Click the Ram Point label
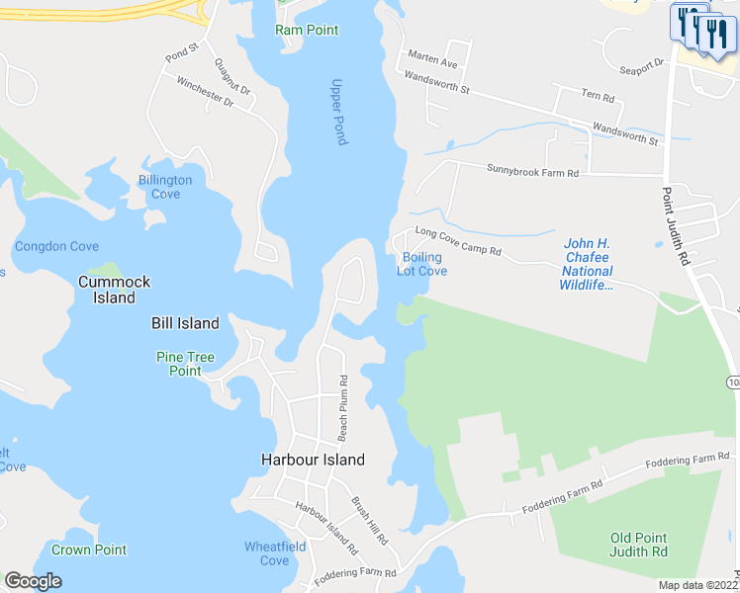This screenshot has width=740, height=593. click(307, 31)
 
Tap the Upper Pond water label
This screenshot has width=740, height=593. click(338, 112)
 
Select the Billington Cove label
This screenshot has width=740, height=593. click(165, 187)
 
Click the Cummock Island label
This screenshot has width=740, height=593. click(114, 290)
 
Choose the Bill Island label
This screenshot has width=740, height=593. click(185, 323)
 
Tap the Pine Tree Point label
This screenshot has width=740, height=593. click(179, 364)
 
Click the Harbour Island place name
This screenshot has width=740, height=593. click(313, 460)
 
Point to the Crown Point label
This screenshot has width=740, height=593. click(89, 550)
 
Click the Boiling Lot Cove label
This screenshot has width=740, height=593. click(422, 264)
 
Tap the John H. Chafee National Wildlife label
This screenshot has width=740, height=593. click(588, 264)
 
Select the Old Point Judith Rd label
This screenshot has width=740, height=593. click(638, 545)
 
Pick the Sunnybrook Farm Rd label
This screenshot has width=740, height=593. click(531, 172)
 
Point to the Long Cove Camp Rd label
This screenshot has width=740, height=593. click(458, 242)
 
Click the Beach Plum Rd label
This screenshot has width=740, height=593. click(343, 407)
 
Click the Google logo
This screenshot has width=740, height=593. click(33, 581)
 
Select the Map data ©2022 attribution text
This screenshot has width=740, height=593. click(696, 585)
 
